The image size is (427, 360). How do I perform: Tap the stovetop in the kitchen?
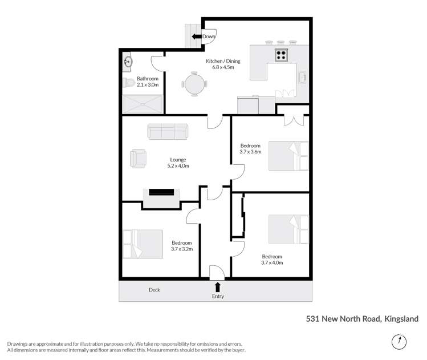coord(282,55)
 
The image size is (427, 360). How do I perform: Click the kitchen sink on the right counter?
coord(303,77)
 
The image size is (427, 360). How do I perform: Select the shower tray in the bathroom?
coord(142,103)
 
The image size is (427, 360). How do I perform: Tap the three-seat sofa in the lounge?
coord(167,131)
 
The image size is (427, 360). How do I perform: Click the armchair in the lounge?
coord(137,158)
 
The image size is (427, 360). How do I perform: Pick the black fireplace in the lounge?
coord(161,192)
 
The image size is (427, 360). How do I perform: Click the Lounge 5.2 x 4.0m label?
coord(178,163)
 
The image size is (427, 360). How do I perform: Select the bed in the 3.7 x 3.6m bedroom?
coord(288,156)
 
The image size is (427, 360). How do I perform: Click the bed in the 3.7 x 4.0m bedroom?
coord(288,229)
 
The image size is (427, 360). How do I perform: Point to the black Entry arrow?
coord(217,286)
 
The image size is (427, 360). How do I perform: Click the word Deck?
coord(154,290)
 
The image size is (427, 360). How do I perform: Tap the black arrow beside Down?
coord(196,37)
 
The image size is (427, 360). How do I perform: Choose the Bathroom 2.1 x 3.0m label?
coord(147,81)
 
